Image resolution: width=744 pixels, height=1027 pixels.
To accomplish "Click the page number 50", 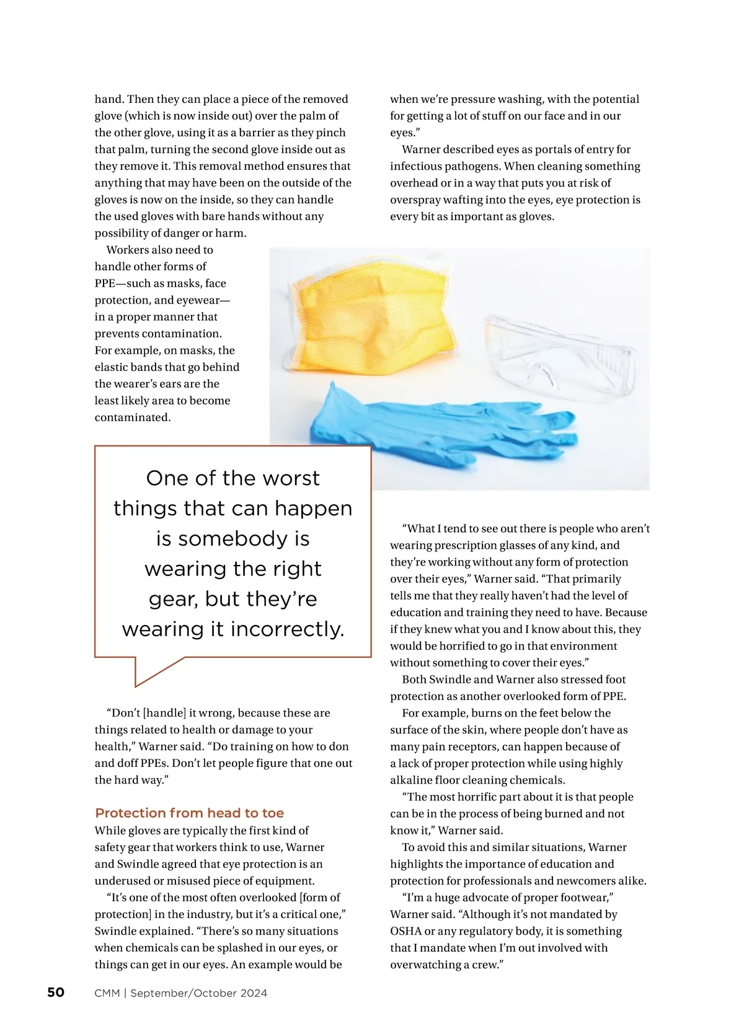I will [x=56, y=992].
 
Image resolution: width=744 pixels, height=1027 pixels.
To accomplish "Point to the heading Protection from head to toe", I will [x=189, y=813].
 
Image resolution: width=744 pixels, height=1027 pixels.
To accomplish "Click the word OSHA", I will [x=405, y=931].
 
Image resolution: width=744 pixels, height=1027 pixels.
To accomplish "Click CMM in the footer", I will [x=107, y=993].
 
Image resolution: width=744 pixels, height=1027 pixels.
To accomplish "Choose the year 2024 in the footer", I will [x=254, y=993].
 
